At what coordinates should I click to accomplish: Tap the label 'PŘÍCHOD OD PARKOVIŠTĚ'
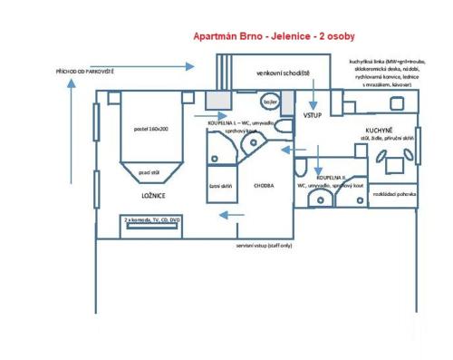click(x=84, y=70)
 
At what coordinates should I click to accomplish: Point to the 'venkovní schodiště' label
click(x=283, y=72)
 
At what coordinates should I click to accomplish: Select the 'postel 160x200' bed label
click(x=152, y=129)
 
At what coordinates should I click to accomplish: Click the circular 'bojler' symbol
click(x=270, y=102)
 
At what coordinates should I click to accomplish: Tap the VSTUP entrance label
click(x=313, y=116)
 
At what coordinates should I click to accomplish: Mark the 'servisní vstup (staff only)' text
click(x=265, y=245)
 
